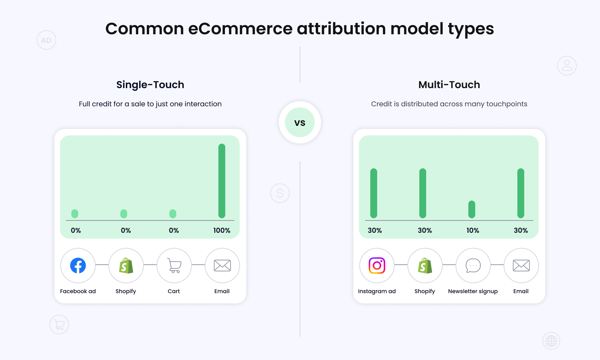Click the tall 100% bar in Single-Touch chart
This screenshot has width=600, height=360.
pos(222,181)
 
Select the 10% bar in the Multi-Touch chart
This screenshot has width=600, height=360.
pos(472,209)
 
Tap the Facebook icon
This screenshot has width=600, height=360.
pos(78,265)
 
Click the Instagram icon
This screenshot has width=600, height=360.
pos(377,265)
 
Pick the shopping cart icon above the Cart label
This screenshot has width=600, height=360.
pos(174,265)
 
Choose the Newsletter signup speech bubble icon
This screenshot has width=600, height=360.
pos(473,265)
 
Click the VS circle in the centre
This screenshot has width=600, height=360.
pos(300,122)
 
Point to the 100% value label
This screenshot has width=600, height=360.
pos(222,230)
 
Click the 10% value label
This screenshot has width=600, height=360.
pos(472,230)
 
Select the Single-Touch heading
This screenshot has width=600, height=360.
pos(150,85)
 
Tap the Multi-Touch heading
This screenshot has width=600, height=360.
pos(449,85)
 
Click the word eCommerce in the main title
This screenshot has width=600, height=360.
pos(240,29)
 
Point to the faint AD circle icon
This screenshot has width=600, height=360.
pos(46,40)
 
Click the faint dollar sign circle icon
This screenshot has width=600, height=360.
pos(280,193)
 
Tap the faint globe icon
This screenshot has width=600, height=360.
pos(551,341)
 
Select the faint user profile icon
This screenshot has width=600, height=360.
pos(567,65)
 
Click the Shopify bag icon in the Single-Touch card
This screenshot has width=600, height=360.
pos(126,265)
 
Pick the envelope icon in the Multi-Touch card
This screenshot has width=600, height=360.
pos(521,265)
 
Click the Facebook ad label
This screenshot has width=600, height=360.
pos(78,291)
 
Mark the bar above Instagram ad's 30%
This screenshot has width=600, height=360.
pos(374,193)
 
